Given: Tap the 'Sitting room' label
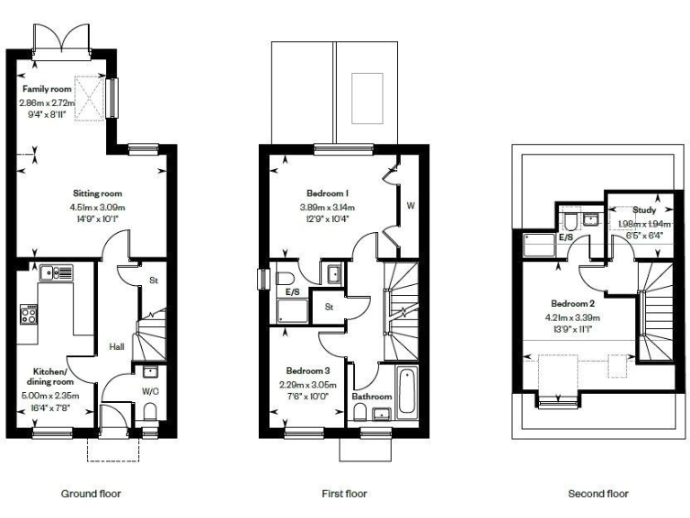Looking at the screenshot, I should [97, 193].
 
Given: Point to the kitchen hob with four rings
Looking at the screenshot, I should [28, 314].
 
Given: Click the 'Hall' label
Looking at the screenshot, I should [117, 345].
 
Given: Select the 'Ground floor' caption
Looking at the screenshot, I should [91, 494].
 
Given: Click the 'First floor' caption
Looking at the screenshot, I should [344, 494].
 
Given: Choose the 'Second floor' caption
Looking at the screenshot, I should [598, 494].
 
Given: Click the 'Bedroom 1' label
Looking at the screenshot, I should [326, 193].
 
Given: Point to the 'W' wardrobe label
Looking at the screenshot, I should [410, 206].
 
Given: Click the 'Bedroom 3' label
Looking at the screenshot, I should [308, 371].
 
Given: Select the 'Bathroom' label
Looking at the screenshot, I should [370, 397].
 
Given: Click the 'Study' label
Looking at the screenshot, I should [643, 210].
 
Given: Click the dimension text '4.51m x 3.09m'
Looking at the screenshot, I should [97, 206].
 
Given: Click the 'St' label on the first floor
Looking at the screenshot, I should [330, 306].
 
